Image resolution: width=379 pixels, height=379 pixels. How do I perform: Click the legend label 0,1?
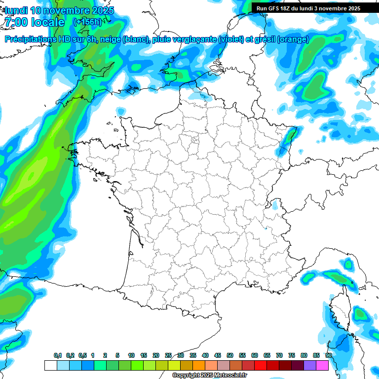[58, 356]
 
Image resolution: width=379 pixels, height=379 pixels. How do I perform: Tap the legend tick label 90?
[328, 356]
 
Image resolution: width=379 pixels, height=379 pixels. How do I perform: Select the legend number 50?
[230, 356]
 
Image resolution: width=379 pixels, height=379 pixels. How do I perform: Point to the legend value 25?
[168, 356]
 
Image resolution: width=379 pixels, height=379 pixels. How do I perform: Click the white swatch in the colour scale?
[50, 365]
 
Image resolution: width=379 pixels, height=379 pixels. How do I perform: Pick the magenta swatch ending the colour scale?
[322, 365]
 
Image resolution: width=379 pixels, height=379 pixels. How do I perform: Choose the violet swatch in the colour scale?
[310, 365]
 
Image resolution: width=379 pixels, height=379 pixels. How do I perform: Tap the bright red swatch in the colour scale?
[261, 365]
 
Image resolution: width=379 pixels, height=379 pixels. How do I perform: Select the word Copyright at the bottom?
[186, 376]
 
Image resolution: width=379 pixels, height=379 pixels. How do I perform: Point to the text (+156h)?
[87, 22]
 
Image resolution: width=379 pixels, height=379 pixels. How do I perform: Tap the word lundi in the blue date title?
[15, 10]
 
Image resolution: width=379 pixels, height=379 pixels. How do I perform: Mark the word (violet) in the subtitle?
[231, 40]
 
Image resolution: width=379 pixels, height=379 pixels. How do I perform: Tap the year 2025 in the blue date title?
[101, 10]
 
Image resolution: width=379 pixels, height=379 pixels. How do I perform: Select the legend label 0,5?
[82, 356]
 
